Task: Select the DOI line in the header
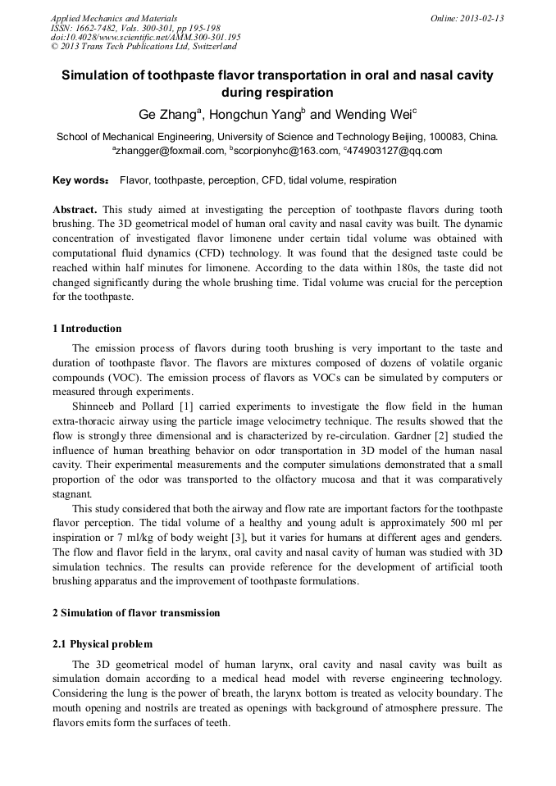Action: click(145, 37)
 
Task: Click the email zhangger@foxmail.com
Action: click(170, 151)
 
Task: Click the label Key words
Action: click(79, 179)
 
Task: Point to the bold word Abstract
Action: click(75, 209)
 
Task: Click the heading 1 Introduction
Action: click(87, 329)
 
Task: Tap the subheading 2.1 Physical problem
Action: click(103, 644)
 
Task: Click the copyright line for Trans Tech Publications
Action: click(144, 47)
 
